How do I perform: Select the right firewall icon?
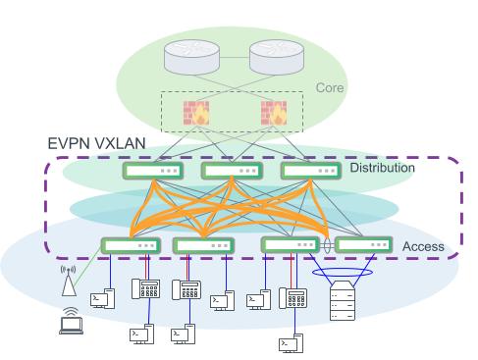pyautogui.click(x=272, y=112)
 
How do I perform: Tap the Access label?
pyautogui.click(x=423, y=246)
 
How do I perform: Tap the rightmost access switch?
pyautogui.click(x=364, y=244)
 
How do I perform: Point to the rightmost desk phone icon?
pyautogui.click(x=292, y=297)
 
